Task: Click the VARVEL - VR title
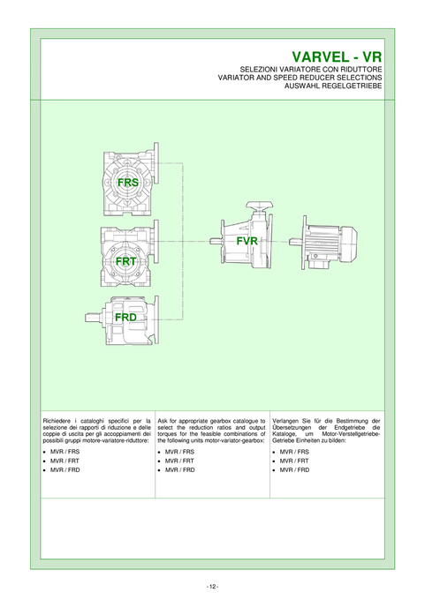point(337,57)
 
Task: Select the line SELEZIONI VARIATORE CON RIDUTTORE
point(311,70)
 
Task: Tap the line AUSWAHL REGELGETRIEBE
point(333,86)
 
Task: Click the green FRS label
point(128,183)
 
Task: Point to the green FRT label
point(126,261)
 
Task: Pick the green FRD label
point(125,318)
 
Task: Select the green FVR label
point(247,241)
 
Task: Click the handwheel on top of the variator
point(258,207)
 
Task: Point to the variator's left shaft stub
point(215,242)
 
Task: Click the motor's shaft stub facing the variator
point(295,242)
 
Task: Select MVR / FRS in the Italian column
point(65,452)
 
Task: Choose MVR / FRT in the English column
point(179,461)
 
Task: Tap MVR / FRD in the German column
point(294,470)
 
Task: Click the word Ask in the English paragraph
point(163,421)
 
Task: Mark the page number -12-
point(212,587)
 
